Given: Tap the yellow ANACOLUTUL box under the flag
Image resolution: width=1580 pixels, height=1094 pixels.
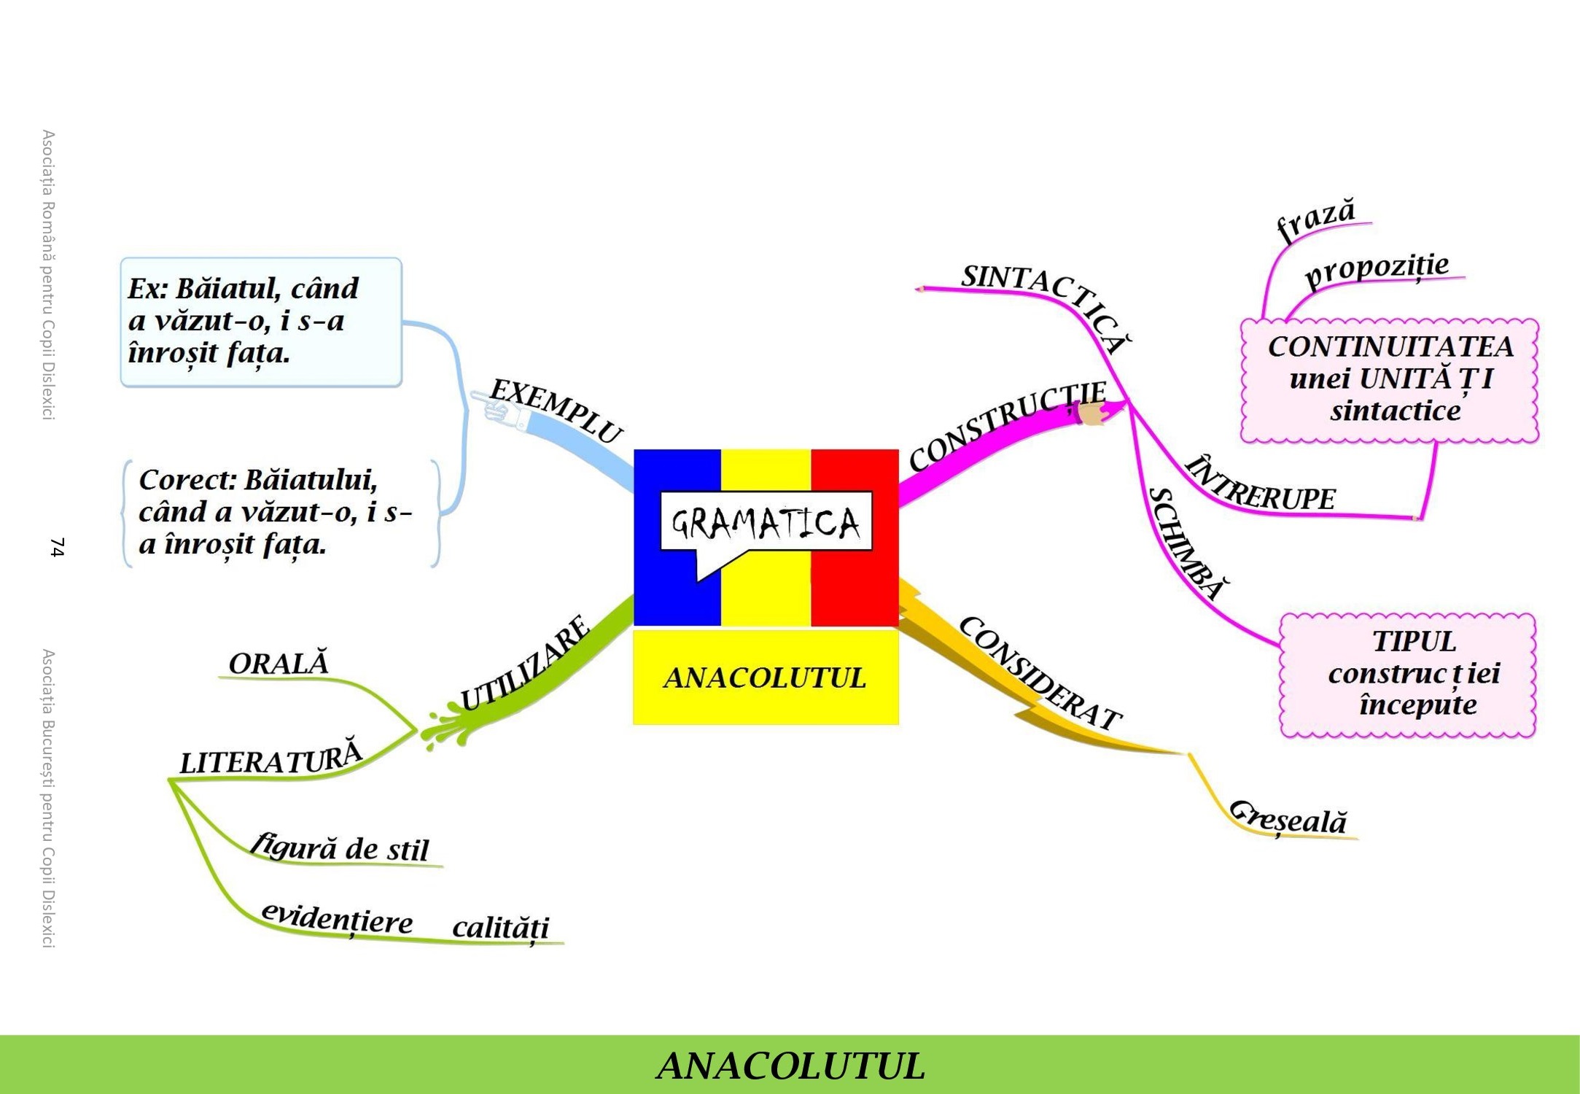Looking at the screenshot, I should tap(766, 678).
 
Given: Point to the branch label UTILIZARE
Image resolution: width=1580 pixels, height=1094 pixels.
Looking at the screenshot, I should tap(525, 664).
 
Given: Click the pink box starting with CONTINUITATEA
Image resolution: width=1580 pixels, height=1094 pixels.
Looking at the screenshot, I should tap(1390, 380).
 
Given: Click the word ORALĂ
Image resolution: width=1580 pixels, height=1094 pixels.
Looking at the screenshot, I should tap(279, 663).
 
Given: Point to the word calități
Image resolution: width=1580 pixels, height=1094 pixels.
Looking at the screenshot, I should tap(500, 928).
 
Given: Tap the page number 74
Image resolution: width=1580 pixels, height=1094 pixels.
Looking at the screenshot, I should tap(57, 547).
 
